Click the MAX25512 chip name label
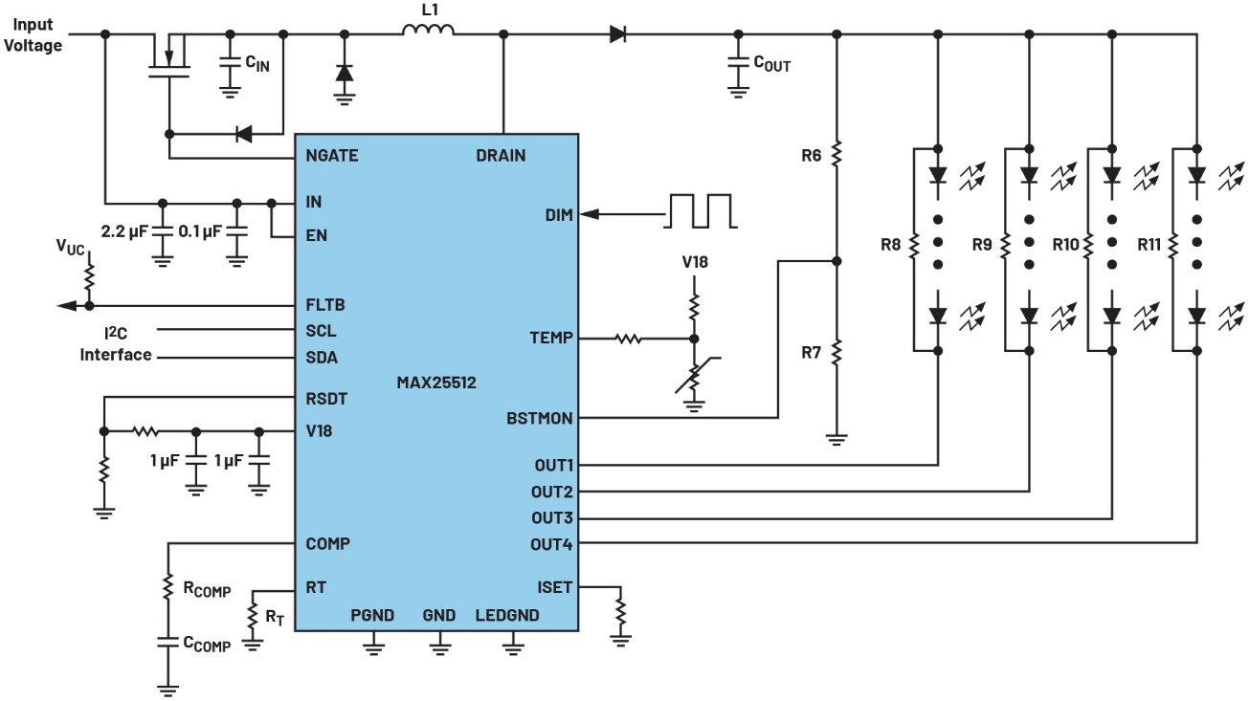point(436,383)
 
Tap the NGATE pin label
point(332,155)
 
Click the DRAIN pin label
point(500,155)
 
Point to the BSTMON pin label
point(539,418)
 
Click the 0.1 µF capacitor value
point(201,230)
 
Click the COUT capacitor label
point(771,64)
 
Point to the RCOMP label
point(204,590)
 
